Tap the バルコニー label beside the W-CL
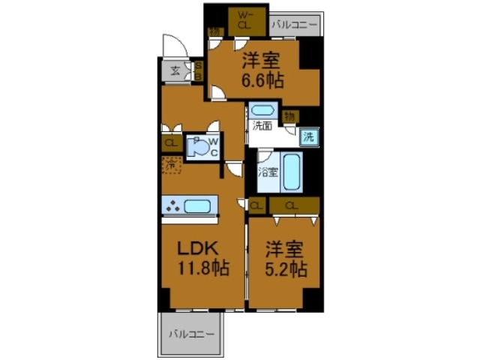[x=295, y=22]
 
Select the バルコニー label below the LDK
[x=190, y=333]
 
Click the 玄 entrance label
[x=174, y=71]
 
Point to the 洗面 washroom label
[x=262, y=125]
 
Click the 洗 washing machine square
[x=307, y=137]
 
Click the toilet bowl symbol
[x=198, y=148]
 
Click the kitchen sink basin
[x=198, y=205]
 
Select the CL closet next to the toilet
[x=171, y=142]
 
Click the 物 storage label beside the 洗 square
[x=291, y=115]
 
